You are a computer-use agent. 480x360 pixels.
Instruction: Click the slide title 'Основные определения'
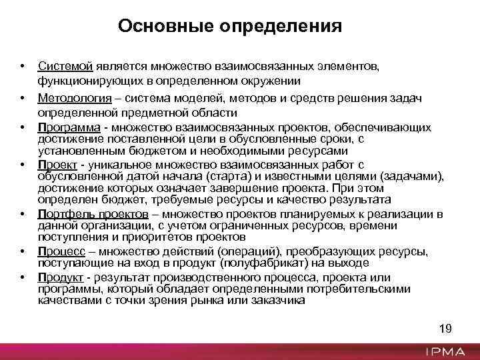point(229,27)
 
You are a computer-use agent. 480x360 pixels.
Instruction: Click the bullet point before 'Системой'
point(22,67)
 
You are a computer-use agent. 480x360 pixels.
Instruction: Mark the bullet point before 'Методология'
point(22,98)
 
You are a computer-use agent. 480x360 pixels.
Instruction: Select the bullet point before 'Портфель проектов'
point(22,215)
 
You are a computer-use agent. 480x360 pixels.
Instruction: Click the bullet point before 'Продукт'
point(22,277)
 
